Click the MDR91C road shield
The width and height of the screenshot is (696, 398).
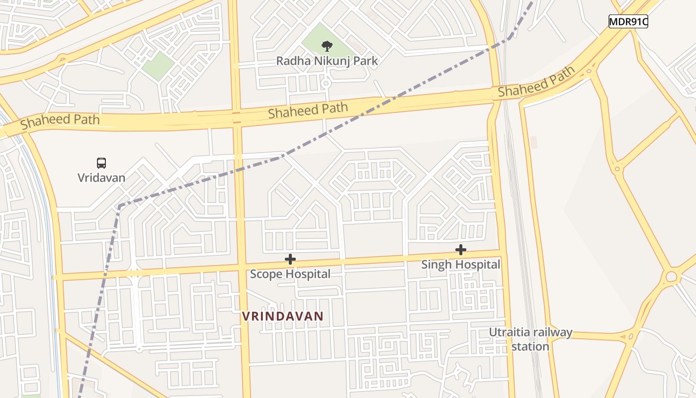(x=628, y=21)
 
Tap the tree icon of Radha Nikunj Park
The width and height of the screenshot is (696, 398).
(x=327, y=46)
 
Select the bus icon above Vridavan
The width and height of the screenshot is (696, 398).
(x=101, y=163)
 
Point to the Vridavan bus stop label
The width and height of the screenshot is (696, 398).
(x=101, y=178)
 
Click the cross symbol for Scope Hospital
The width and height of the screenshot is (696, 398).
(x=290, y=259)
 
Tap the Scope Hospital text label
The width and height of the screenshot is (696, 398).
(x=290, y=274)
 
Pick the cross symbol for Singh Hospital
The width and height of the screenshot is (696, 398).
(x=461, y=250)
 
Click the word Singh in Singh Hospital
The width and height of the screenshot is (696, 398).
(x=435, y=265)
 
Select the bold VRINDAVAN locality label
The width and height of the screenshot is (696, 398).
(x=282, y=316)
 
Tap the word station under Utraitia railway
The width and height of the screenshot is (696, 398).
(x=530, y=346)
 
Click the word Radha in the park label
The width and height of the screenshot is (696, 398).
(x=290, y=61)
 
